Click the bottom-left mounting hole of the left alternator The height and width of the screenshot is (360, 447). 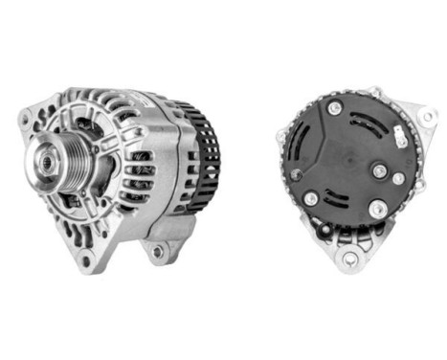click(85, 259)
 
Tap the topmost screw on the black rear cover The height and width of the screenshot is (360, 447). click(333, 108)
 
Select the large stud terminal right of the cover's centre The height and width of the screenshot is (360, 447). click(380, 172)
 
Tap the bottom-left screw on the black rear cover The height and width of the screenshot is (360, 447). click(310, 198)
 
